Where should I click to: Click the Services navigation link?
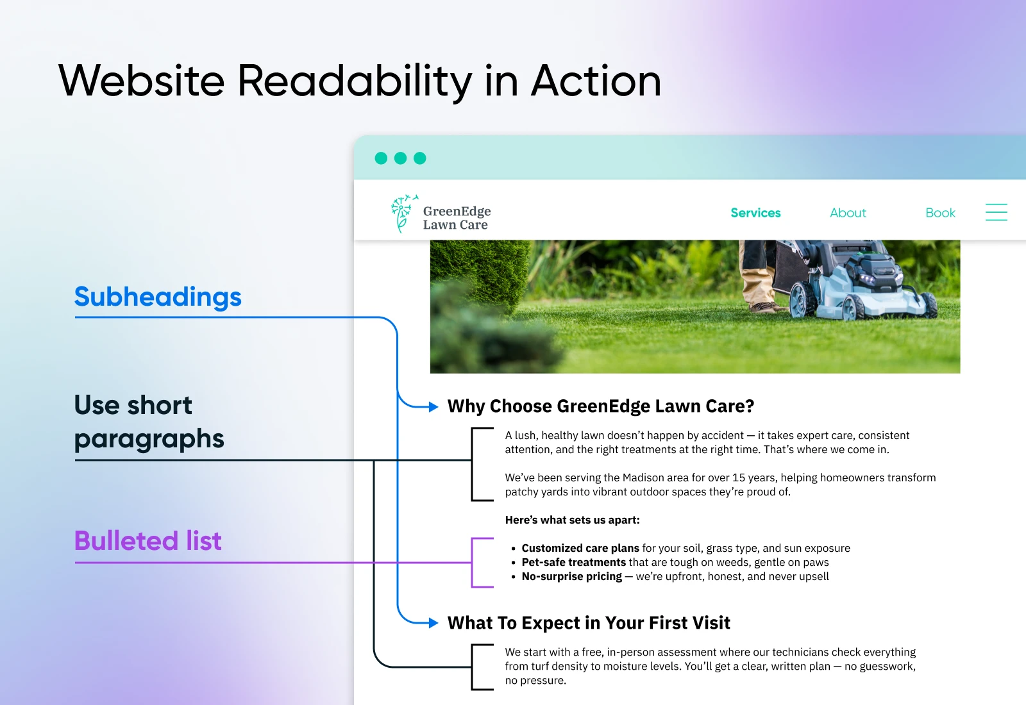[755, 213]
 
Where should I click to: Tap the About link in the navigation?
[848, 213]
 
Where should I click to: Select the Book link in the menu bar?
[940, 213]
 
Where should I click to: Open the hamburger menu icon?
[997, 212]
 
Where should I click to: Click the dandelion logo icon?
[404, 213]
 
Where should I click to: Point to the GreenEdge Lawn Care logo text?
[457, 218]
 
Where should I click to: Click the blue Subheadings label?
[158, 297]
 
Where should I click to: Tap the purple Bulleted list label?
[148, 541]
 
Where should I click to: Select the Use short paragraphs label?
[149, 422]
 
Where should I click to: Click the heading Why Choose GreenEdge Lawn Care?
[600, 406]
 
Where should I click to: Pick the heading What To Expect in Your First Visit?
[589, 622]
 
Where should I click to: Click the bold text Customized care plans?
[580, 548]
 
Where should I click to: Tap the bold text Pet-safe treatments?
[573, 562]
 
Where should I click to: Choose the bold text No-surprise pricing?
[571, 576]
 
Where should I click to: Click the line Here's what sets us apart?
[572, 520]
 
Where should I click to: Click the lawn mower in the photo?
[857, 281]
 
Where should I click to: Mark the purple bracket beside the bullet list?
[472, 562]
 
